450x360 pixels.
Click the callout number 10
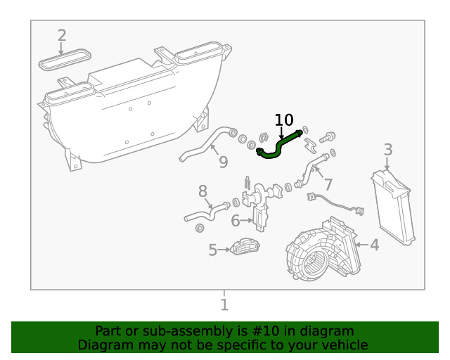(x=284, y=120)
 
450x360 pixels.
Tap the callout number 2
(x=62, y=35)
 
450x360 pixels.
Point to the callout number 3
(x=388, y=149)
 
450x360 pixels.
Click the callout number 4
(x=375, y=245)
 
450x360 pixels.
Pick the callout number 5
(x=213, y=250)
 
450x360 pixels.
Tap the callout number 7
(x=328, y=185)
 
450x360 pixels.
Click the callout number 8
(x=202, y=191)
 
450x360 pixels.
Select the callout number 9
(x=223, y=162)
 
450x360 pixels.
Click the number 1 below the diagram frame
(x=224, y=305)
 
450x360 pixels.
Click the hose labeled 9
(x=204, y=143)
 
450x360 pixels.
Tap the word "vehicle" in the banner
(x=342, y=345)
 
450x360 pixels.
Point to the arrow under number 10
(x=281, y=132)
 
